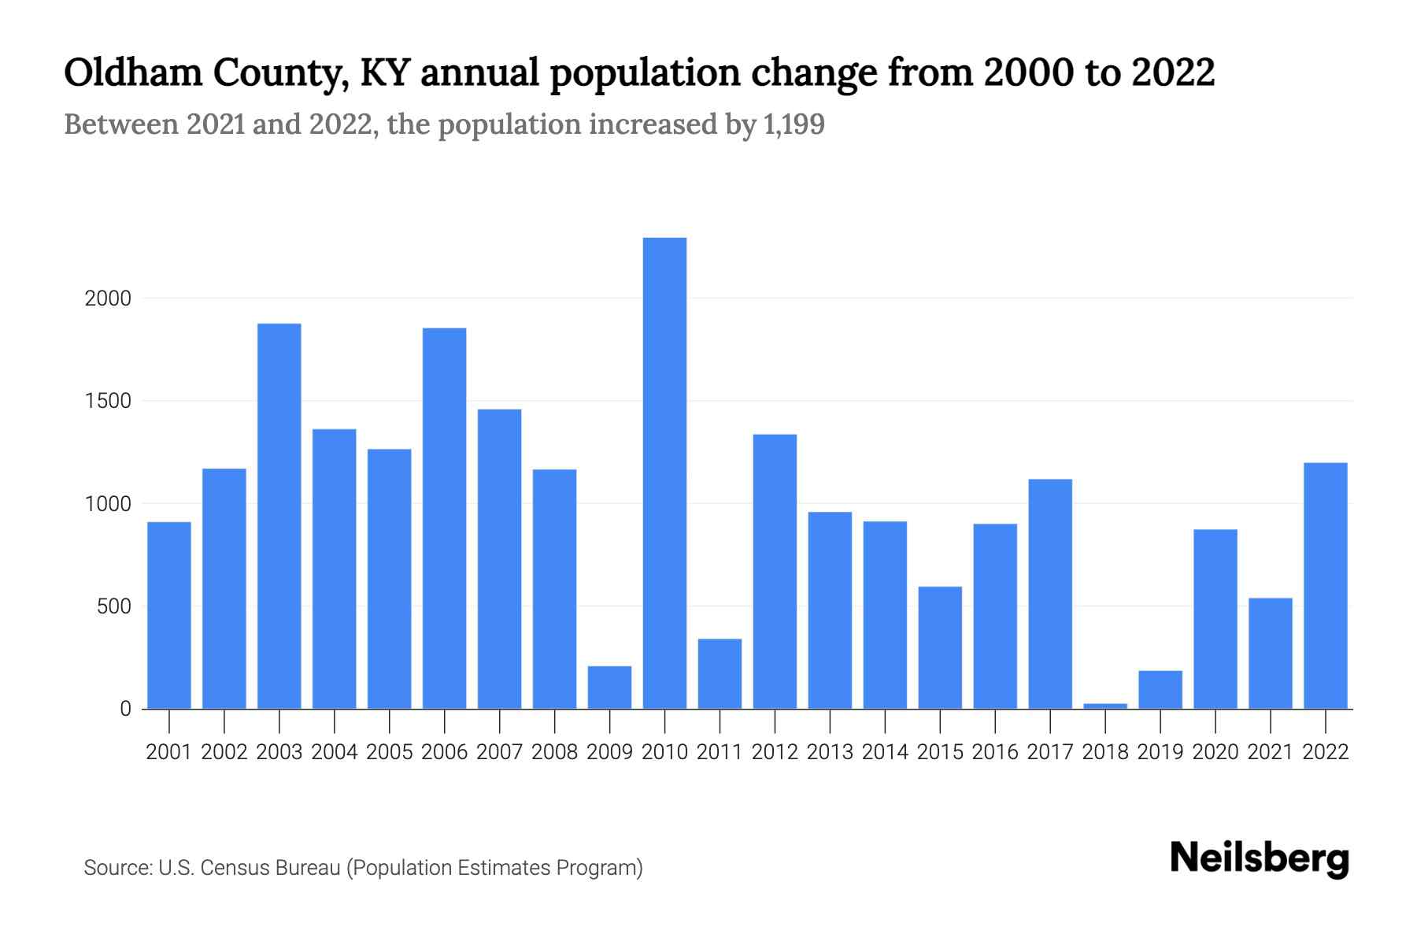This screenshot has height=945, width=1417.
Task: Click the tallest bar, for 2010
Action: click(664, 472)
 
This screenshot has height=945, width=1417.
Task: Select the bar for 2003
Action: click(279, 516)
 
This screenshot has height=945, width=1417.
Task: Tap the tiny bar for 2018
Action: click(1105, 706)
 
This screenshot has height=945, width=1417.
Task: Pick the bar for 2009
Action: click(609, 687)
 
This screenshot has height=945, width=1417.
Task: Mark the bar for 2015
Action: click(940, 647)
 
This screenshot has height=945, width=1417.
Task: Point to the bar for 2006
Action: click(444, 518)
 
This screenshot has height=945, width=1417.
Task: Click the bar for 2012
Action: click(775, 571)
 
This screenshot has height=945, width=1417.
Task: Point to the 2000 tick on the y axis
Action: click(108, 298)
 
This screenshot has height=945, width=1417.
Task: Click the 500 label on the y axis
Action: click(114, 606)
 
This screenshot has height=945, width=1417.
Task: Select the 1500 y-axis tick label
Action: click(108, 401)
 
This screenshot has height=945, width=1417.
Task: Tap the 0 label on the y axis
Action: click(125, 709)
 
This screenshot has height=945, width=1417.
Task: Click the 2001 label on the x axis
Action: click(169, 752)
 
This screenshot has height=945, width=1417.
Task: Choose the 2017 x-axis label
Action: click(1050, 752)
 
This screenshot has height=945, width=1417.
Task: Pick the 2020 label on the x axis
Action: click(1215, 752)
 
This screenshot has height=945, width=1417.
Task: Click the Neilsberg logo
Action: click(1260, 858)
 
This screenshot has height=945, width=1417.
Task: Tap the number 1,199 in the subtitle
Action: click(794, 124)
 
